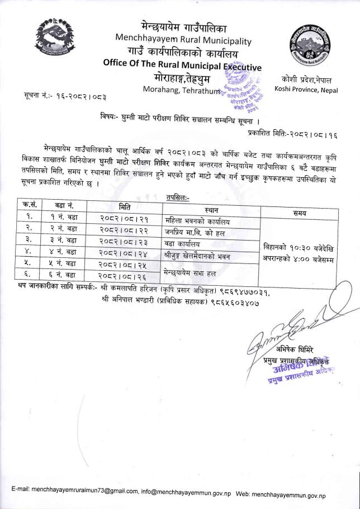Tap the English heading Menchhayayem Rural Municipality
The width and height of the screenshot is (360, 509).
[182, 40]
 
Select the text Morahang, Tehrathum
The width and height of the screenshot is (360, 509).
[178, 91]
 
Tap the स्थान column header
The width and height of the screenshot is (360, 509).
[211, 210]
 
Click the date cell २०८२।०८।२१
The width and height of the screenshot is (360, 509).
[124, 219]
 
